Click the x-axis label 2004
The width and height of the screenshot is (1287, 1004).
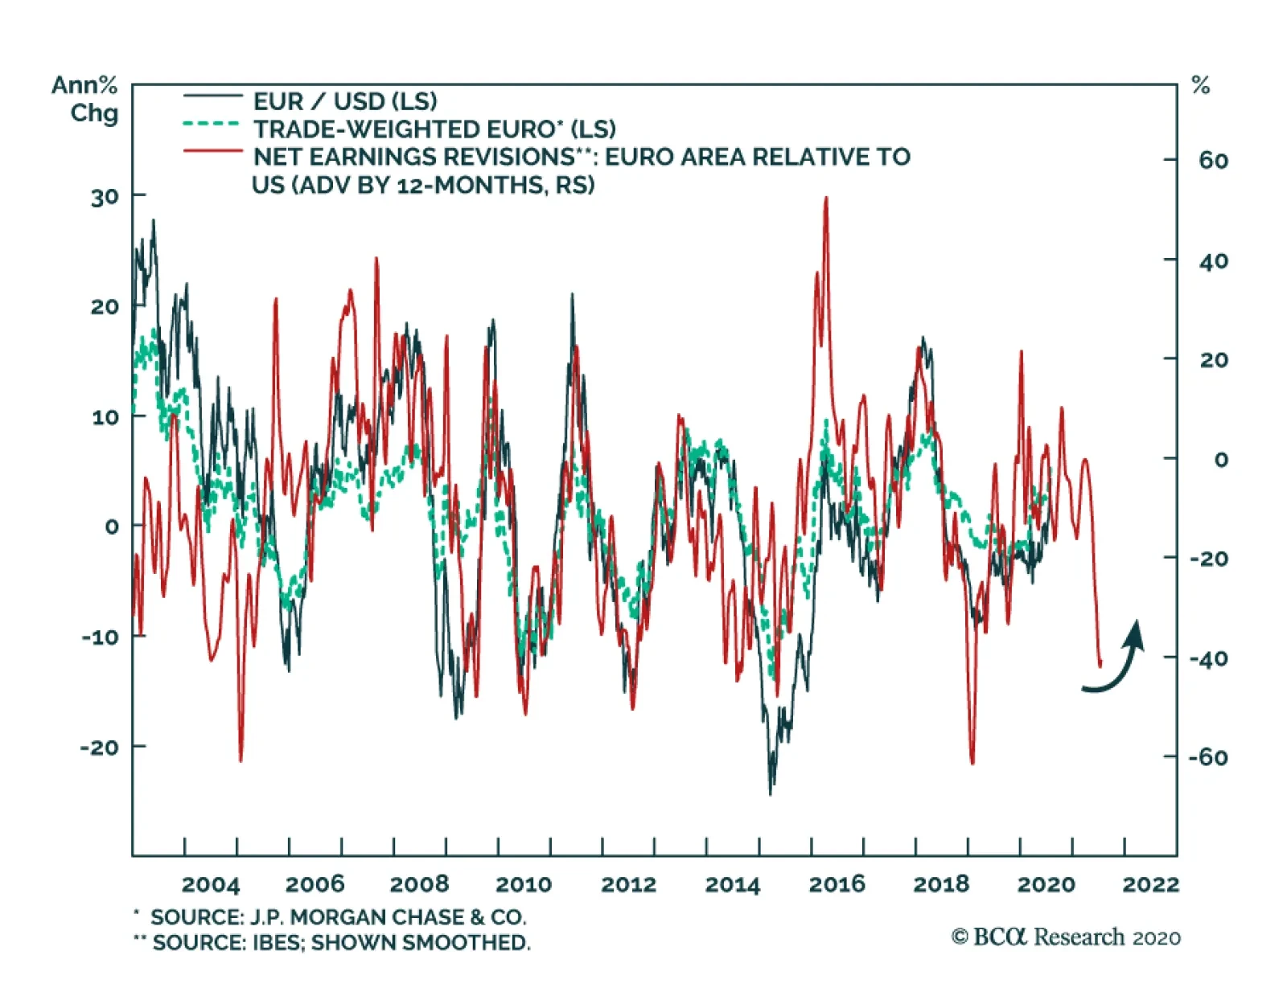(x=211, y=885)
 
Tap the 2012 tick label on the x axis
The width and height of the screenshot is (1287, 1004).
(x=628, y=885)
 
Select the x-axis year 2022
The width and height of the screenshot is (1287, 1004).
(x=1150, y=885)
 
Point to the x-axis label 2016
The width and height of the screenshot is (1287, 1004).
(x=837, y=885)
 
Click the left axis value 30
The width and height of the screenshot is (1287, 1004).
(x=105, y=197)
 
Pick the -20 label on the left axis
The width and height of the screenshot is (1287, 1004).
(x=100, y=748)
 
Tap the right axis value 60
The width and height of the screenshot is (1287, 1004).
(x=1213, y=161)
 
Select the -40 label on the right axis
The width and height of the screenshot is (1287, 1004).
(x=1209, y=659)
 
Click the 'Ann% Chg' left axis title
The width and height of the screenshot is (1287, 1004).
(x=85, y=99)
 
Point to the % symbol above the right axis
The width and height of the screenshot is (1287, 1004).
(x=1201, y=85)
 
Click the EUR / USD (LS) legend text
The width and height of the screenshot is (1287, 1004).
(x=345, y=101)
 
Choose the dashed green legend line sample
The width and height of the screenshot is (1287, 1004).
(x=212, y=125)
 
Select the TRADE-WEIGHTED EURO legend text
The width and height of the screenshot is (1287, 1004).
(x=434, y=129)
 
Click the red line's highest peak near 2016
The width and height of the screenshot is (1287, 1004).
(x=826, y=199)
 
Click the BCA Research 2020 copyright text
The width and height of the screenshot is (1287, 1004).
(x=1066, y=937)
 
